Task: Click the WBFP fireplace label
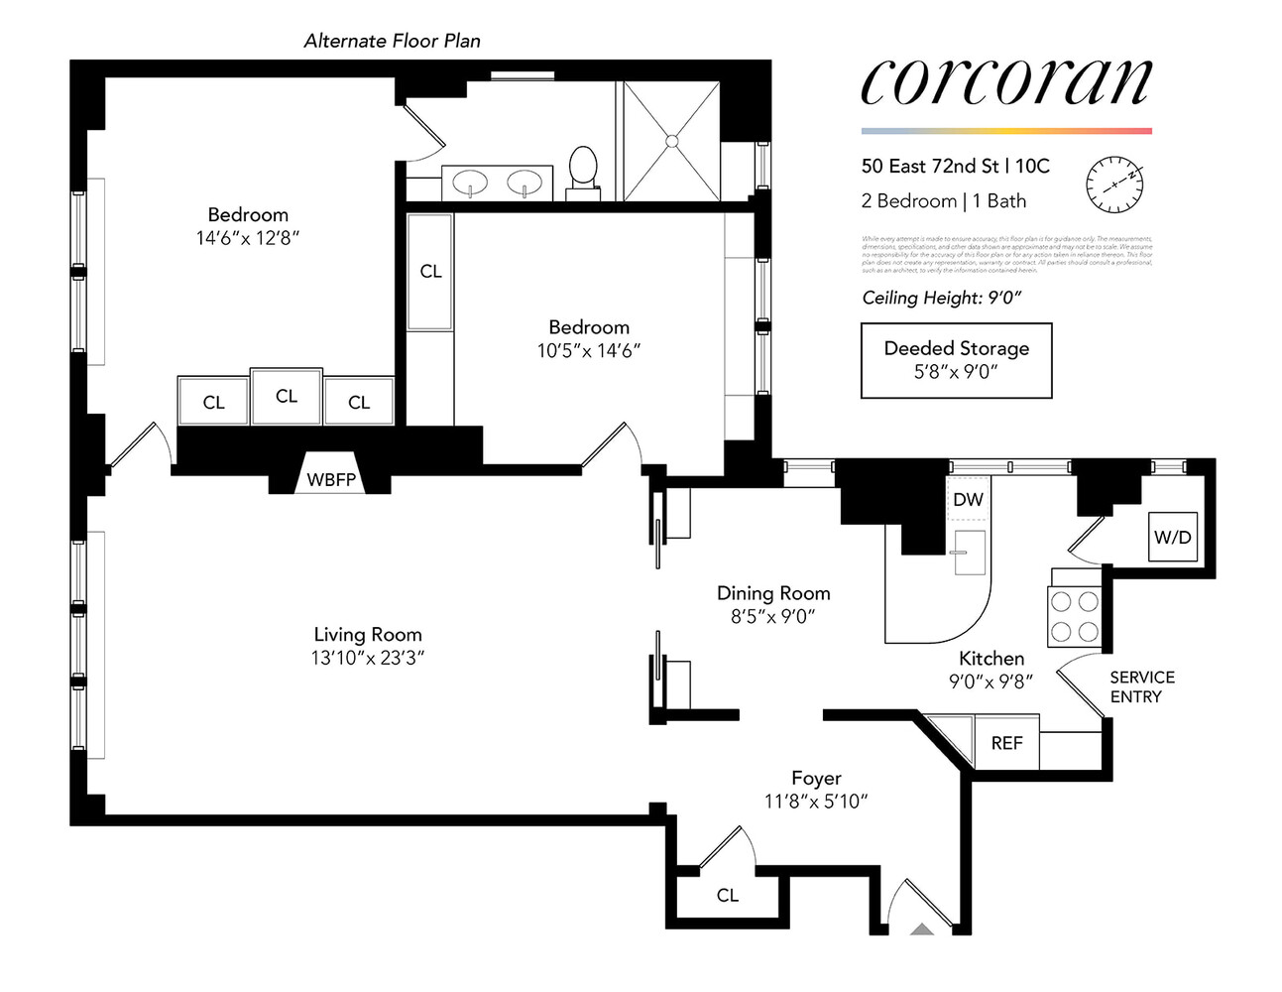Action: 331,480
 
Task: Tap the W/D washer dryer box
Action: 1172,538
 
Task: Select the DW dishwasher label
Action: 968,499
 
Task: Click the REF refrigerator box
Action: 1006,743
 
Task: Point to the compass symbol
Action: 1114,185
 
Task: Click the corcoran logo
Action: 1006,83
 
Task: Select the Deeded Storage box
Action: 956,360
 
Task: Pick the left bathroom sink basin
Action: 470,183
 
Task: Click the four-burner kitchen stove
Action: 1075,616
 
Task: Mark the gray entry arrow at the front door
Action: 922,930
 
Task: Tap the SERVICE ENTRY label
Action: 1141,686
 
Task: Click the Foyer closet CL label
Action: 728,895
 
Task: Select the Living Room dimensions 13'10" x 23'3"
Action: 368,657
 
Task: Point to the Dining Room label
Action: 773,593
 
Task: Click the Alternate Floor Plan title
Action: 392,41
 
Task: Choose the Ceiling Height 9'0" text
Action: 941,298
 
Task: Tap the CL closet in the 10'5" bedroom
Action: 430,271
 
